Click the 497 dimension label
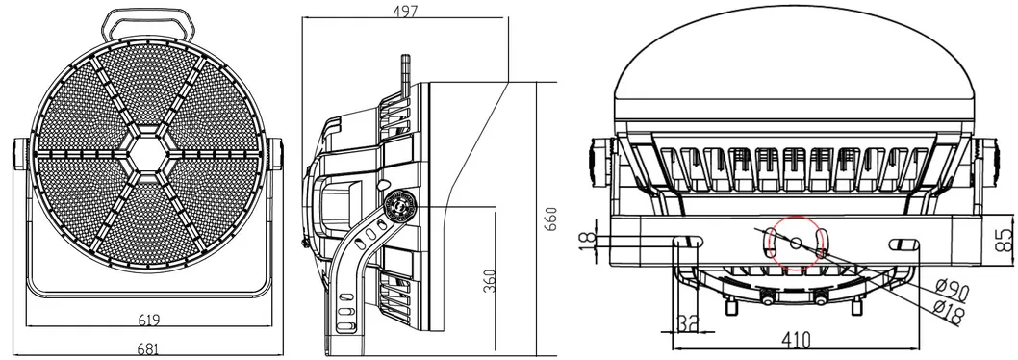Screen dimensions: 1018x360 click(405, 10)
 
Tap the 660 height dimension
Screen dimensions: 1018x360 click(550, 219)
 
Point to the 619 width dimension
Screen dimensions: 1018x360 click(148, 319)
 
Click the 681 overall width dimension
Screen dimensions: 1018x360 click(148, 349)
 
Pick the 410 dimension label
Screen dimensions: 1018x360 click(796, 339)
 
